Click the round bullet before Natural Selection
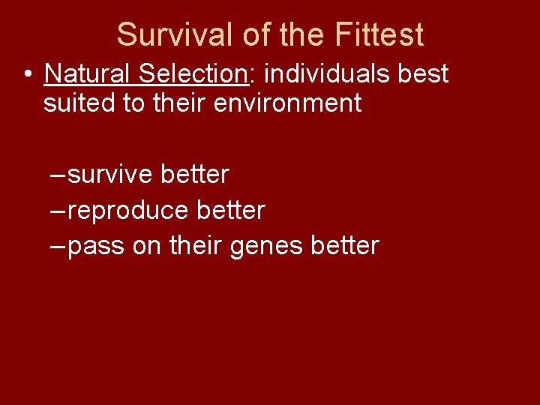(27, 75)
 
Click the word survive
(110, 175)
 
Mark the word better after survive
(195, 175)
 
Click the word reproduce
(128, 211)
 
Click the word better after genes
(346, 246)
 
